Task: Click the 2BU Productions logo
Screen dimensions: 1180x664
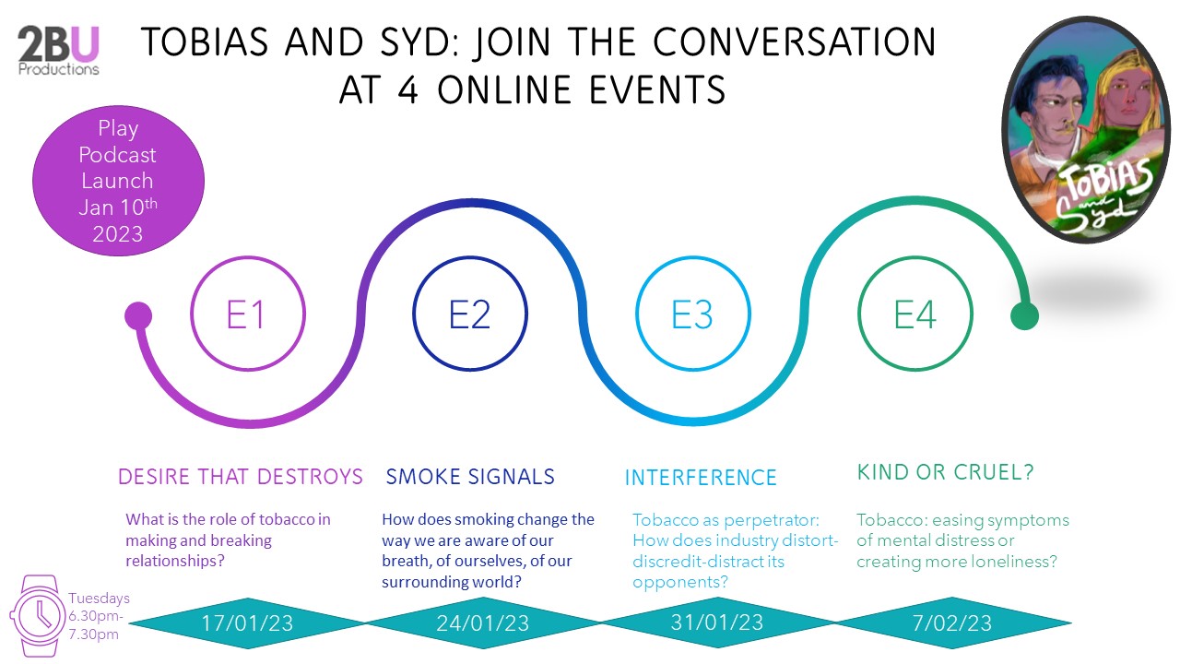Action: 58,51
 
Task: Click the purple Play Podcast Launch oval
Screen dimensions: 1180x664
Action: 118,180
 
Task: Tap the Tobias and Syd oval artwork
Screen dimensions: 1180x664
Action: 1085,130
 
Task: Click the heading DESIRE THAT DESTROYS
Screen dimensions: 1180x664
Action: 241,477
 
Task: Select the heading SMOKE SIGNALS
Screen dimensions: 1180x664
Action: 470,477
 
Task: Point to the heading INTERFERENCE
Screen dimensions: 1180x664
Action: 701,478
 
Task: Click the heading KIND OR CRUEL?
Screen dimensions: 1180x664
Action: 946,472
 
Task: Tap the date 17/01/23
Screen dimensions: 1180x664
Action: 247,623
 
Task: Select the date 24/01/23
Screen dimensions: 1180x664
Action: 482,623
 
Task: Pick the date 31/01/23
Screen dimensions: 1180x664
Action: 717,622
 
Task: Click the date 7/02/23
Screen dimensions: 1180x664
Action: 952,623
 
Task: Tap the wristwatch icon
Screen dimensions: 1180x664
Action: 37,615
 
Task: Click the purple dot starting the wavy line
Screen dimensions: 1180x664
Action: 138,315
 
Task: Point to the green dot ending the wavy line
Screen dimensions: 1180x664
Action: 1024,316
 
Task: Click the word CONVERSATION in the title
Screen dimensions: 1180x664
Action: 795,41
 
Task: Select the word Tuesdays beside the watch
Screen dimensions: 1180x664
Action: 99,599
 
